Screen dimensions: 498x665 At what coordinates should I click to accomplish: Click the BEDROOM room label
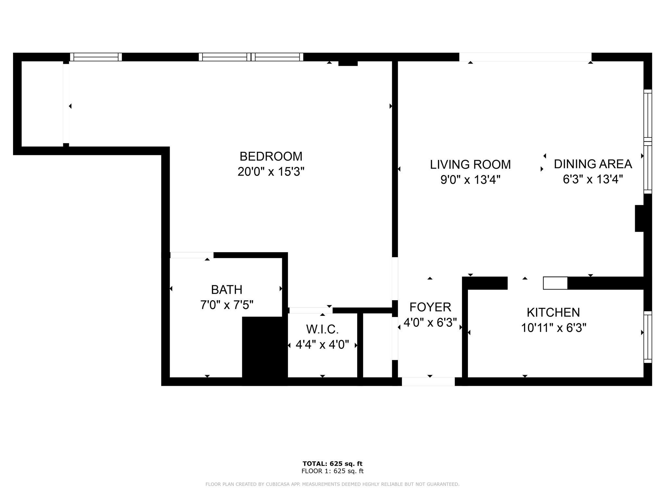click(271, 156)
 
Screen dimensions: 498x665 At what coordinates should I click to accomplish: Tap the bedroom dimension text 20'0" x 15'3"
click(271, 172)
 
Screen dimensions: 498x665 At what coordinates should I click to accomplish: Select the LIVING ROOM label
click(470, 164)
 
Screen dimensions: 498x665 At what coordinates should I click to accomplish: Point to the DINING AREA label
click(593, 164)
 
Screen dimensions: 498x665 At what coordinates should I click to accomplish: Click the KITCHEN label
click(553, 313)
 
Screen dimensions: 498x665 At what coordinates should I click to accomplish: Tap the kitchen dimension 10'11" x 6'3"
click(553, 328)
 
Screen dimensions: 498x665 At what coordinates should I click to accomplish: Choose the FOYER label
click(430, 307)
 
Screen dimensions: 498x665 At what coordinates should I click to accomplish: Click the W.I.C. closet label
click(322, 329)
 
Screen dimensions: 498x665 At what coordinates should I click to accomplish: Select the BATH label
click(226, 290)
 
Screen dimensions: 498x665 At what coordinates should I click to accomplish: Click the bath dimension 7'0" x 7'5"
click(226, 305)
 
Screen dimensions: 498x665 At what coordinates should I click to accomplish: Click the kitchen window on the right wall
click(647, 337)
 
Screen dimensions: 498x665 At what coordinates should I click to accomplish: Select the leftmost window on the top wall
click(96, 57)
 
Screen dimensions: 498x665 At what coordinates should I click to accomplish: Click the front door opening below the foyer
click(428, 382)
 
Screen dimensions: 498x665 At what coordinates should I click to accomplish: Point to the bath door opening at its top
click(192, 255)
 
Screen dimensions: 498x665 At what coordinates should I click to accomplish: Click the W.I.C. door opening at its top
click(311, 310)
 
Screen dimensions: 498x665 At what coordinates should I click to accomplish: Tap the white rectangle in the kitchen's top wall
click(555, 283)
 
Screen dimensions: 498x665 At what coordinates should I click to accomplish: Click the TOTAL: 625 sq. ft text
click(332, 464)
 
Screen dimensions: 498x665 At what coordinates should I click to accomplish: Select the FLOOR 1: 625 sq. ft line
click(332, 471)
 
